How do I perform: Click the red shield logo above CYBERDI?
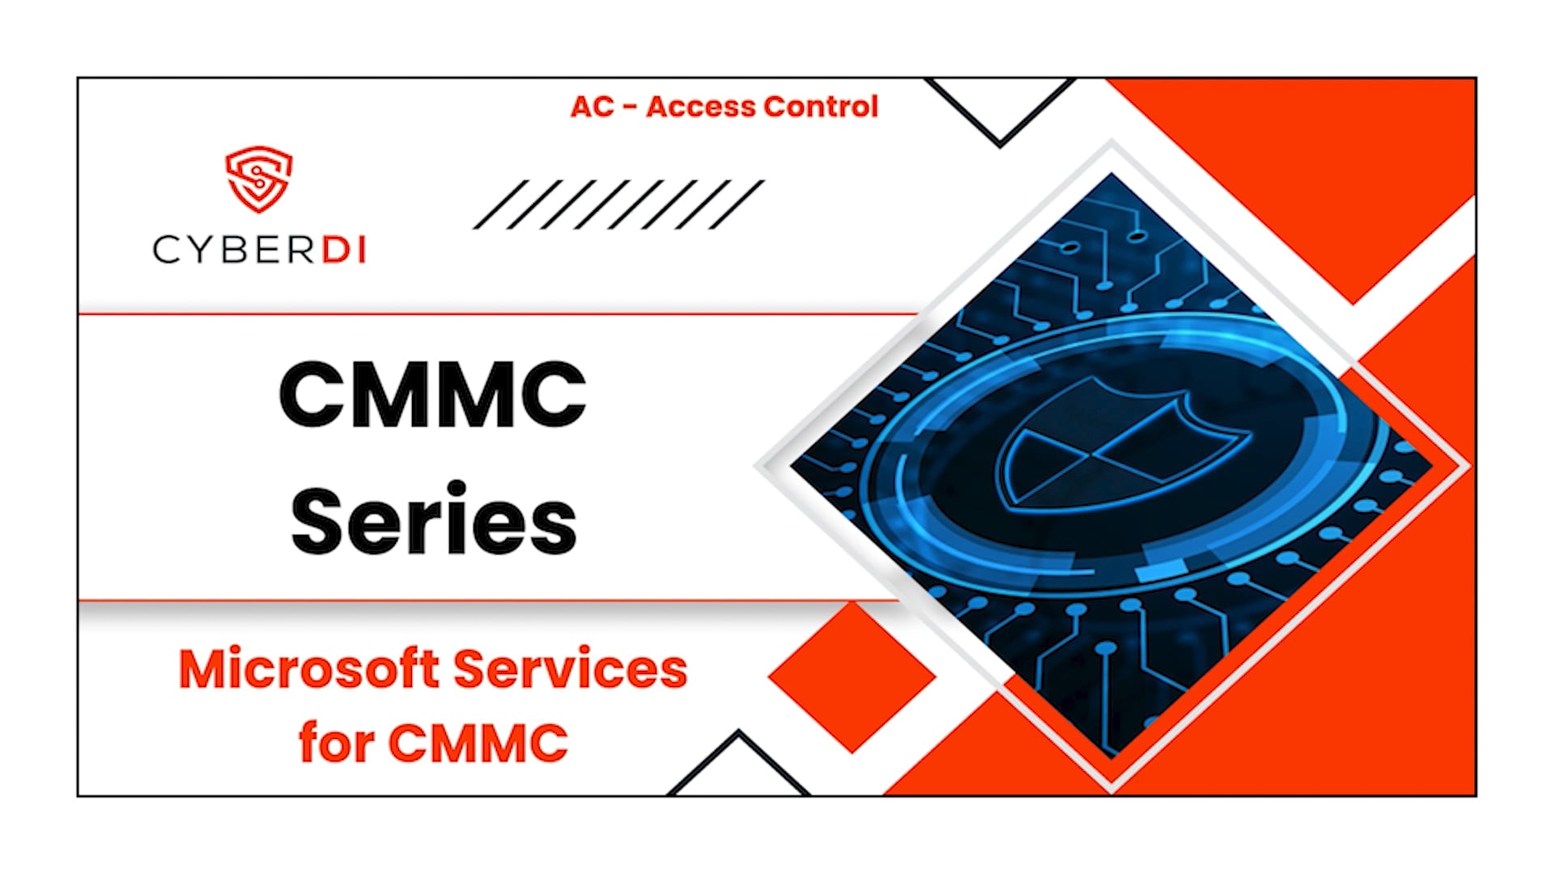point(258,179)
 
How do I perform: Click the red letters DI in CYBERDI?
point(344,249)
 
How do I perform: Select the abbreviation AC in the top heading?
point(592,107)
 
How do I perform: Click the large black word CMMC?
point(432,394)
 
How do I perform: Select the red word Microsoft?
point(308,670)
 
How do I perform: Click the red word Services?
point(570,670)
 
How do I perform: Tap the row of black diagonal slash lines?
point(618,205)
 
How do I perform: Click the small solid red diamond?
point(851,677)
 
